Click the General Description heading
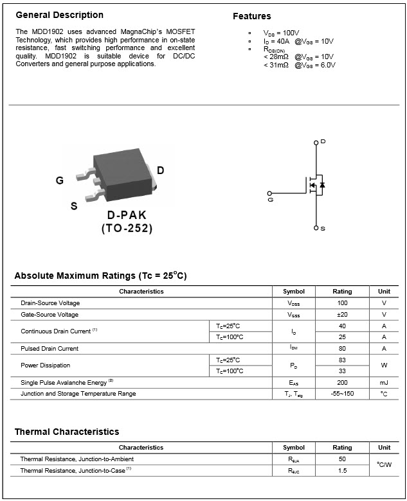(x=59, y=15)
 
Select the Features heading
(x=251, y=16)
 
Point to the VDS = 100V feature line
(x=281, y=32)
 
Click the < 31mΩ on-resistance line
(x=299, y=64)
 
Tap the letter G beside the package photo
(x=60, y=180)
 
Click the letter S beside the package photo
(x=74, y=206)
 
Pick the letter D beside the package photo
(x=161, y=170)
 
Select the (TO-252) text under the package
(x=127, y=228)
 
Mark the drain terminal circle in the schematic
(x=316, y=142)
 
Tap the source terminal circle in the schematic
(x=316, y=228)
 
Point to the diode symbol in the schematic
(x=322, y=185)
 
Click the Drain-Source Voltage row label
(x=50, y=303)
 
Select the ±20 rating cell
(x=342, y=315)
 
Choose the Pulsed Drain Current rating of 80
(x=342, y=349)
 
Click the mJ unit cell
(x=384, y=382)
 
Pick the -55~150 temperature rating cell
(x=342, y=394)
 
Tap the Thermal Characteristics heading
(x=67, y=432)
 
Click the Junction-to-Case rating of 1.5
(x=342, y=471)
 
